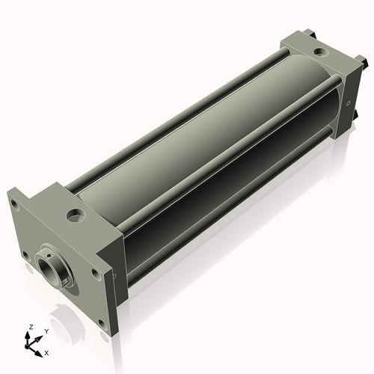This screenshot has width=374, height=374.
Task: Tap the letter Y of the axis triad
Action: (46, 330)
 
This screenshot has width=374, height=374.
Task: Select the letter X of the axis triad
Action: (47, 352)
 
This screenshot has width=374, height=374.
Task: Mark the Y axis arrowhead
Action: (40, 335)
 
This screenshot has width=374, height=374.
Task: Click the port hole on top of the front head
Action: (76, 216)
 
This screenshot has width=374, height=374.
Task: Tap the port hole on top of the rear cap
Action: (319, 53)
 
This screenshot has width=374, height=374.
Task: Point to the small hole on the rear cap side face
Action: (349, 102)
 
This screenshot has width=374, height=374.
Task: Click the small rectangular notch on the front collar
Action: (67, 281)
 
